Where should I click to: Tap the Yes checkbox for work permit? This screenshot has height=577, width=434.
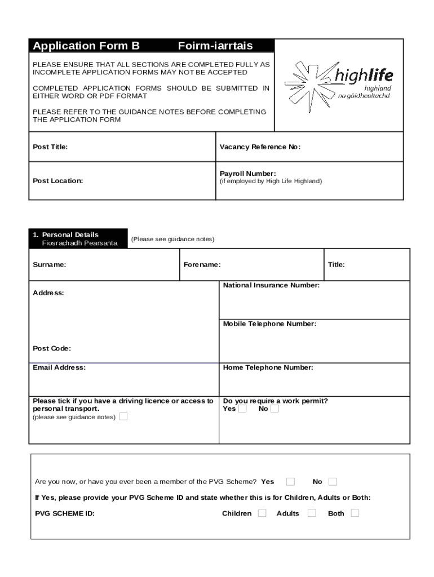point(242,409)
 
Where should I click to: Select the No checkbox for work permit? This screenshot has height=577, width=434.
point(274,409)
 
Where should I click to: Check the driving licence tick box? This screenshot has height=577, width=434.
point(123,417)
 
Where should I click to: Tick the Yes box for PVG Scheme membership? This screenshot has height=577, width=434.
point(290,482)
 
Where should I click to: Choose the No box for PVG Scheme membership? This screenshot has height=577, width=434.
point(333,482)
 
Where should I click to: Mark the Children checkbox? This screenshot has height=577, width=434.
point(262,513)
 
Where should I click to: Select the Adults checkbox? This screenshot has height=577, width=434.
point(312,513)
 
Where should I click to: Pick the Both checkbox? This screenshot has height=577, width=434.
point(355,513)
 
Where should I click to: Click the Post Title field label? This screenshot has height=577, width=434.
point(50,147)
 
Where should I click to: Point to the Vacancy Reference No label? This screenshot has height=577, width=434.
point(260,147)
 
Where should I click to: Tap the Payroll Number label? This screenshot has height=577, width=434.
point(247,174)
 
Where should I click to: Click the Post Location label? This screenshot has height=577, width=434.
point(57,181)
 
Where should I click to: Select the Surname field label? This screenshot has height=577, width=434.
point(49,265)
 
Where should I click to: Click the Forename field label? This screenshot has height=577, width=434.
point(202,265)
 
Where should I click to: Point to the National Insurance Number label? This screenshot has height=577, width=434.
point(271,286)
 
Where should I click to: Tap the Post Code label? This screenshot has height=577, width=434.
point(52,349)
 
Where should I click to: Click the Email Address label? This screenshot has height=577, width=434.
point(59,367)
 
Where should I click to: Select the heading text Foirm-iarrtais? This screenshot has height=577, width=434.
point(215,46)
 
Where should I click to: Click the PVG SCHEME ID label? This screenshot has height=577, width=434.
point(65,514)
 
